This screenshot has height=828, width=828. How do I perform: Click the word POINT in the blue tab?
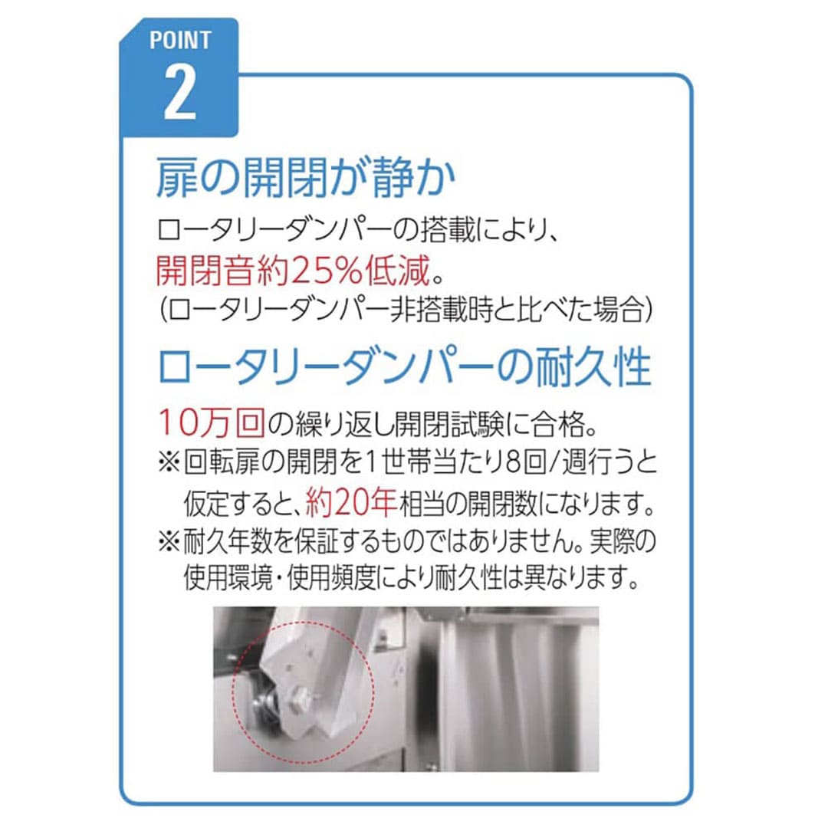click(x=180, y=40)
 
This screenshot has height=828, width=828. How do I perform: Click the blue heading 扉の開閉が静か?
click(x=306, y=178)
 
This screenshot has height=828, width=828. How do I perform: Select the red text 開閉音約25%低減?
click(x=294, y=271)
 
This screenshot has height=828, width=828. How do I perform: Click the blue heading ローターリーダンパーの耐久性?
click(x=405, y=367)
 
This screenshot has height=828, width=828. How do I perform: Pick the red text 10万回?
click(x=212, y=422)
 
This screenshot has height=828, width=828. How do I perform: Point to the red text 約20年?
click(x=351, y=502)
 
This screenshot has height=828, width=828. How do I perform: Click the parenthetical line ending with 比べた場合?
click(x=406, y=310)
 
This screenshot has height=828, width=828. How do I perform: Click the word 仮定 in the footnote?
click(x=206, y=503)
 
